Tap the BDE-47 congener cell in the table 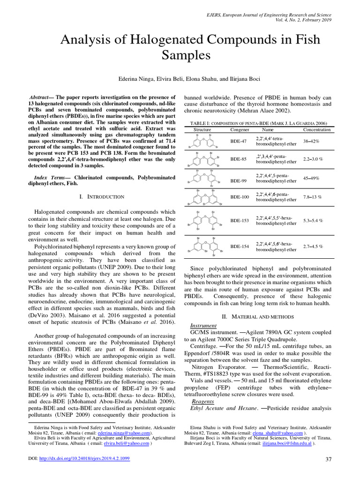coord(240,141)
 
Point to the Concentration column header coord(316,129)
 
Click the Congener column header coord(240,129)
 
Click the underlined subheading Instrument coord(203,325)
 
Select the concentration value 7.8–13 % coord(312,197)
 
